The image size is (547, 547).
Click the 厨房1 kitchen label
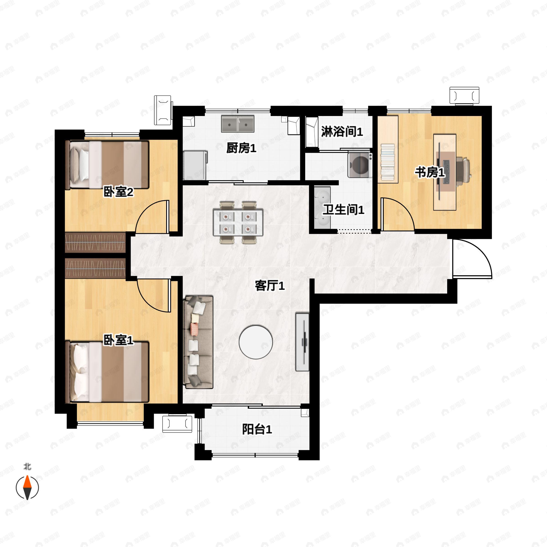(241, 148)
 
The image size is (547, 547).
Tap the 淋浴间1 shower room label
(342, 132)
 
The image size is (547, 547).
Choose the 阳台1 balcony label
(257, 429)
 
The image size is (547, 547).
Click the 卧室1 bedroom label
(118, 340)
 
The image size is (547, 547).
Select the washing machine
(360, 165)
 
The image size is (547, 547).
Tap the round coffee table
(256, 341)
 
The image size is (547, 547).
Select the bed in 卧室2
(107, 165)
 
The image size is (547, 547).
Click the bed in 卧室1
(107, 372)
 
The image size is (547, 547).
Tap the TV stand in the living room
(302, 341)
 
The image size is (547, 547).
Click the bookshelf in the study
(388, 149)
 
